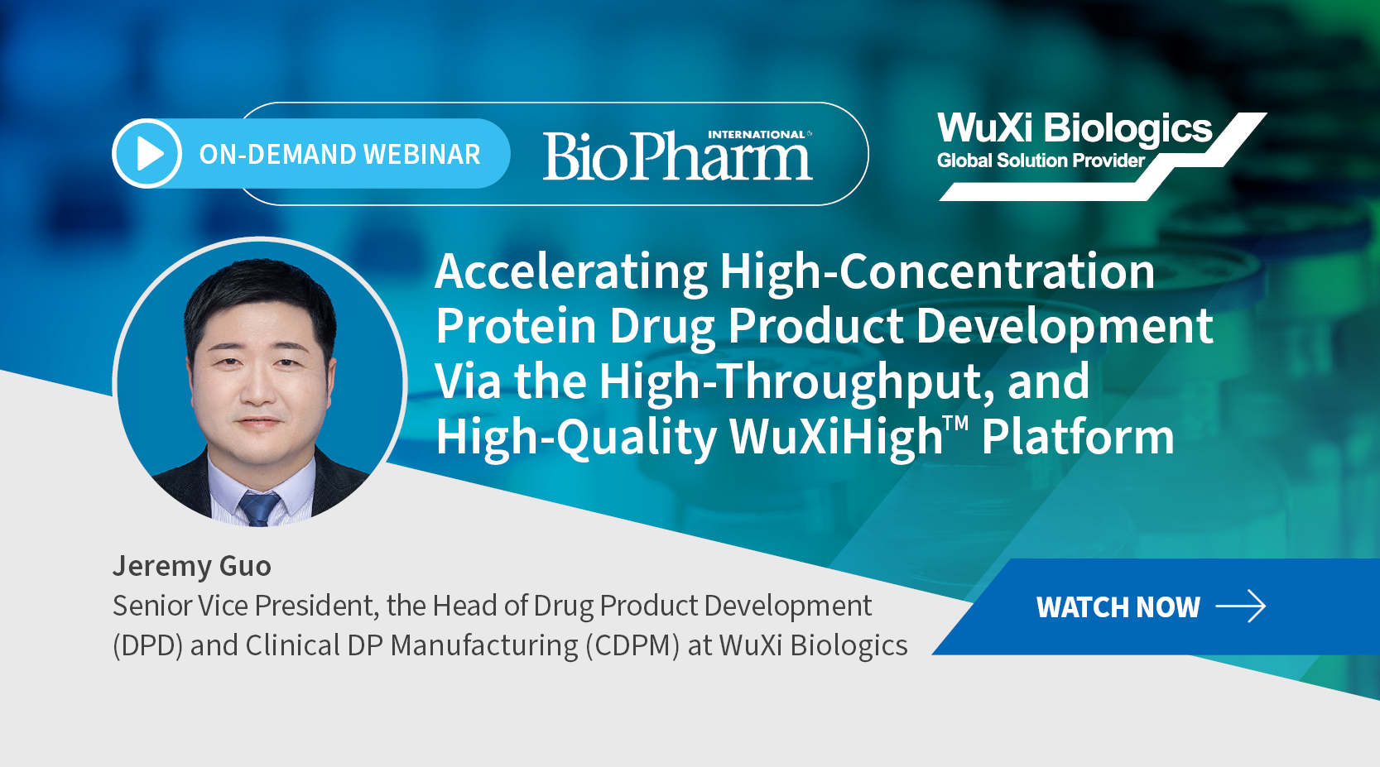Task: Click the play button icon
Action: [x=147, y=153]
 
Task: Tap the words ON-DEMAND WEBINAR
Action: [x=339, y=154]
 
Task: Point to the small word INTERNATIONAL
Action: [x=757, y=134]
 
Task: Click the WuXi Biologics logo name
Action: [x=1075, y=128]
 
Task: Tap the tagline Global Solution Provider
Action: [x=1041, y=161]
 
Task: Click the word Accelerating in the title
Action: [x=570, y=272]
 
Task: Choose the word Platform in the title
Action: [x=1078, y=437]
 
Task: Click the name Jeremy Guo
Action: [x=191, y=566]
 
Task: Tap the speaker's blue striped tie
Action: [x=259, y=509]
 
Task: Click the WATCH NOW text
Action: [x=1118, y=607]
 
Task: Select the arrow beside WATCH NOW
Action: [x=1241, y=606]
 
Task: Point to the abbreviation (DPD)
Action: [x=148, y=645]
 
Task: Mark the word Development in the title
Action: [x=1065, y=327]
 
